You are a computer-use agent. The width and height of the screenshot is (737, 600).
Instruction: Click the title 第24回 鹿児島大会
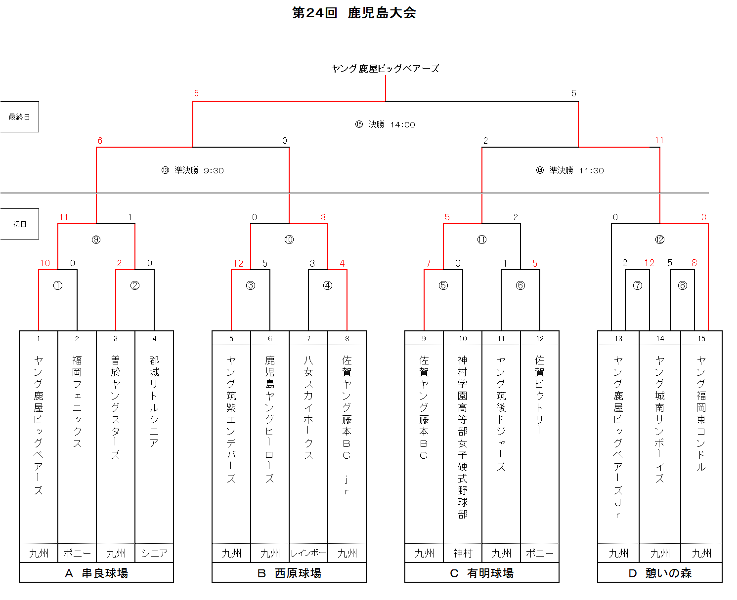point(353,13)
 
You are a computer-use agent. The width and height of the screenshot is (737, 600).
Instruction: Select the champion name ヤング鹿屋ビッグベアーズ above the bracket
point(385,69)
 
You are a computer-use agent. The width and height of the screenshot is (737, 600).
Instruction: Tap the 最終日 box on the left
point(19,117)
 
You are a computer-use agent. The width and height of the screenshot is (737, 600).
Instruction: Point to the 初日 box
point(19,224)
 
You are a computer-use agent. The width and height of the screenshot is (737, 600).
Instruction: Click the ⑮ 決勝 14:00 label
point(385,124)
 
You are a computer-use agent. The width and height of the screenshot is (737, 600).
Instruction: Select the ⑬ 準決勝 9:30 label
point(192,170)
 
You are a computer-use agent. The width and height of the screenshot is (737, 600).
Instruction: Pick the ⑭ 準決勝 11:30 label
point(569,170)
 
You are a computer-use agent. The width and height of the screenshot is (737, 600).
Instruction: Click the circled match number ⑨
point(96,240)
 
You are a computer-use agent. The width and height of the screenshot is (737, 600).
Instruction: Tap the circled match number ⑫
point(659,240)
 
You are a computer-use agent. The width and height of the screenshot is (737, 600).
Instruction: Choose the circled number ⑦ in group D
point(637,285)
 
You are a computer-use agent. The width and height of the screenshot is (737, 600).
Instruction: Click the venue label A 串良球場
point(96,573)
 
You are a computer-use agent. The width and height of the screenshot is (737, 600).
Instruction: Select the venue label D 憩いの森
point(659,573)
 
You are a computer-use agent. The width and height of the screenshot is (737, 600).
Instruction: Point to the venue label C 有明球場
point(481,573)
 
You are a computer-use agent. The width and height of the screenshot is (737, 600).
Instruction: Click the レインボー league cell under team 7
point(308,553)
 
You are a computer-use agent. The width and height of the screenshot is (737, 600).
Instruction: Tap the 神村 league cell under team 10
point(463,553)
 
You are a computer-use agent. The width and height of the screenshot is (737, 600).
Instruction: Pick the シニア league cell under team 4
point(154,553)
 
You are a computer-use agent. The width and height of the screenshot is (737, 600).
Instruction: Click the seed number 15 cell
point(701,338)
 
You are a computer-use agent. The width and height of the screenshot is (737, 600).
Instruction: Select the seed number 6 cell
point(269,338)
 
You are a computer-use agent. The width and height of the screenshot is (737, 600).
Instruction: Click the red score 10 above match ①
point(45,263)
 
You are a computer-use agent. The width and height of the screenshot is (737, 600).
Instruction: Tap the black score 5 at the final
point(574,93)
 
